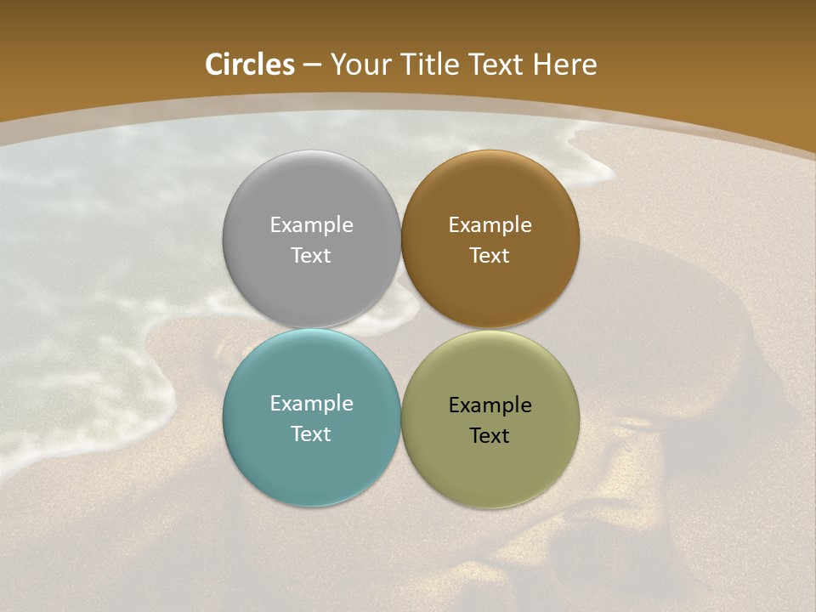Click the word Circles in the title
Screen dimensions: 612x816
pyautogui.click(x=249, y=65)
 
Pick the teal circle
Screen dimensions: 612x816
pyautogui.click(x=311, y=459)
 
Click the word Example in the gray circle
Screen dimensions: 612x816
pyautogui.click(x=311, y=225)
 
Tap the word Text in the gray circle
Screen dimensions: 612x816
pyautogui.click(x=311, y=256)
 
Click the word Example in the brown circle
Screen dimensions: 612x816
pyautogui.click(x=490, y=225)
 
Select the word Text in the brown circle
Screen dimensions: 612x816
pyautogui.click(x=490, y=256)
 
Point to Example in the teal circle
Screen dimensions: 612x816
pyautogui.click(x=311, y=404)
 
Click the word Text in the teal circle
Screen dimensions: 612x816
pyautogui.click(x=311, y=434)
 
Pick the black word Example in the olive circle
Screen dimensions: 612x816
pyautogui.click(x=490, y=405)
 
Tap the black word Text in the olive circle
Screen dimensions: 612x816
pyautogui.click(x=490, y=436)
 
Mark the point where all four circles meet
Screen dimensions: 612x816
pyautogui.click(x=400, y=328)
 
